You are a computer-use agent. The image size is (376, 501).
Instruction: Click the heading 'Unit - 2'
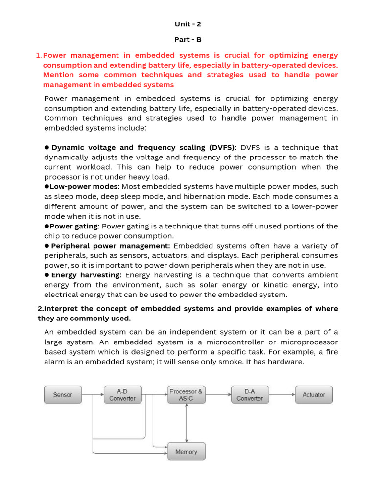(188, 24)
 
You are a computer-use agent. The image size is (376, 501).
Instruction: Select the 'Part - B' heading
(188, 40)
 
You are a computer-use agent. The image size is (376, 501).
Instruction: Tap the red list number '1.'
(39, 55)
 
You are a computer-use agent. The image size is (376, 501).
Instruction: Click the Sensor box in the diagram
(63, 394)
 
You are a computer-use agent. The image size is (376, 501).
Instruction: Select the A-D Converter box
(122, 394)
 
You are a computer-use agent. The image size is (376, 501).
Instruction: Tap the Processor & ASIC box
(186, 394)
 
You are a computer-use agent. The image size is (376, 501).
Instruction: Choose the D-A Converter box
(250, 394)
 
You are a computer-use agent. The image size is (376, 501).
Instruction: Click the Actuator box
(313, 394)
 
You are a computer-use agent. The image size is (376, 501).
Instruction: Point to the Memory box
(186, 451)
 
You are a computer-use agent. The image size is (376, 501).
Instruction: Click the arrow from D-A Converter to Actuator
(282, 394)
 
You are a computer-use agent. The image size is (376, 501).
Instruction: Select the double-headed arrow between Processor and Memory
(186, 423)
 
